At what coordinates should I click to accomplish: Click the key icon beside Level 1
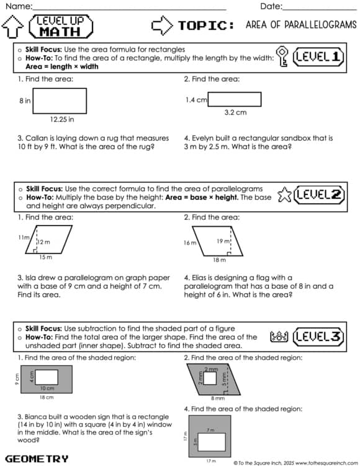(x=282, y=56)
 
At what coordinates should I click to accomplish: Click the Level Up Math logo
(x=60, y=26)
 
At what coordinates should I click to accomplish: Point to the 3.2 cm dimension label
(x=235, y=112)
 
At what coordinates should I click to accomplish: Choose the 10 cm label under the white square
(x=47, y=388)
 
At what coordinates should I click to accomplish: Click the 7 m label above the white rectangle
(x=210, y=429)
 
